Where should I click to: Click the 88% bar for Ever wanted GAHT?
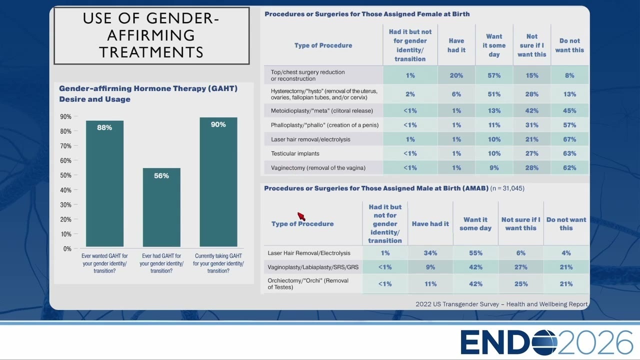point(104,183)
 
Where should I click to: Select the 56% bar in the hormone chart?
point(161,207)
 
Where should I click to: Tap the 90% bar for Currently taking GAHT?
point(218,182)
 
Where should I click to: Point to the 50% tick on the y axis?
point(75,175)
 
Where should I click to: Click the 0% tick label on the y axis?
point(67,249)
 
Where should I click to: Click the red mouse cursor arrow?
point(301,216)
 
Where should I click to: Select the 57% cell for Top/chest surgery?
point(494,75)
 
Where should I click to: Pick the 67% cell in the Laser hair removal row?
point(569,139)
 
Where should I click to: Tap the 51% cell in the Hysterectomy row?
point(494,94)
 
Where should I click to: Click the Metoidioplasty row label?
point(321,111)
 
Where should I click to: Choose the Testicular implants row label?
point(295,153)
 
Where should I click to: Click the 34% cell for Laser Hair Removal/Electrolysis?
point(430,253)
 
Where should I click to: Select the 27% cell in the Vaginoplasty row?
point(521,267)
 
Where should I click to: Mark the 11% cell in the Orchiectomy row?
point(430,284)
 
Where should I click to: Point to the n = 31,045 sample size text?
point(507,188)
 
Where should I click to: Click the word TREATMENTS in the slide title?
point(151,52)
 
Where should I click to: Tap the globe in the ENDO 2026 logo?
point(544,342)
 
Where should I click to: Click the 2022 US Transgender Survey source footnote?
point(501,304)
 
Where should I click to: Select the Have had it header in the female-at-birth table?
point(456,45)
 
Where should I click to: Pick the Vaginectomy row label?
point(318,168)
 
